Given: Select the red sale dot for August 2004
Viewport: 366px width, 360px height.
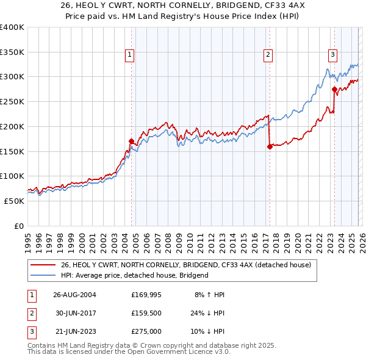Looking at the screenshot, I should pyautogui.click(x=132, y=141).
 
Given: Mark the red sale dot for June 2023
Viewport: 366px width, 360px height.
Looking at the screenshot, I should pyautogui.click(x=334, y=89).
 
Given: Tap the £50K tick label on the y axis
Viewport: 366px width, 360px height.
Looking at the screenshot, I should pyautogui.click(x=14, y=201).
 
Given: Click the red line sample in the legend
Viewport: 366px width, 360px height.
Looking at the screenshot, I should pyautogui.click(x=43, y=265).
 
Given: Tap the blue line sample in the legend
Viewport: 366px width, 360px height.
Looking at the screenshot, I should pyautogui.click(x=43, y=275).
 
